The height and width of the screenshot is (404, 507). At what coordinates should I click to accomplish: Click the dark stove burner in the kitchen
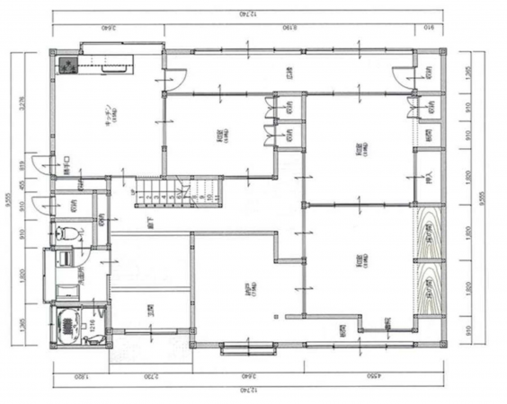(x=67, y=66)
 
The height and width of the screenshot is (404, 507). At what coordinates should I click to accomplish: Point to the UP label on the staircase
(x=136, y=192)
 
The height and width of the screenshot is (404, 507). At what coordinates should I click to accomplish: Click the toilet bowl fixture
(x=67, y=234)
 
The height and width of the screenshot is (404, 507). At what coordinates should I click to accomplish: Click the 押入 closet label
(x=429, y=176)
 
